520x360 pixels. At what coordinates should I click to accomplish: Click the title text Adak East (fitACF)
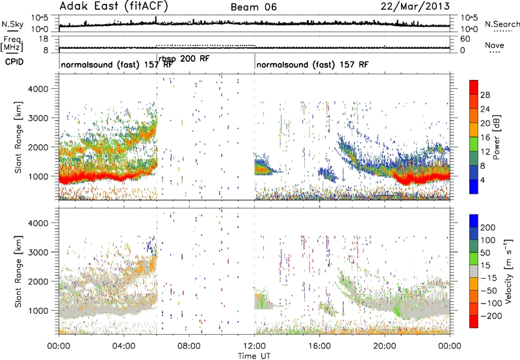tap(114, 6)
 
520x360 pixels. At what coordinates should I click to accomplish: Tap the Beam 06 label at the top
tap(253, 7)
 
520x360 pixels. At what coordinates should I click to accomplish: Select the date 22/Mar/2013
tap(415, 6)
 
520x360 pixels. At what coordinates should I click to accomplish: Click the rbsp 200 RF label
tap(184, 58)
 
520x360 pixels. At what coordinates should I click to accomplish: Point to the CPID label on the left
tap(14, 62)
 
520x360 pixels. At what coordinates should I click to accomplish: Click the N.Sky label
tap(12, 24)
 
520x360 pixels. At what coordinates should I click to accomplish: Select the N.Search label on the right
tap(502, 24)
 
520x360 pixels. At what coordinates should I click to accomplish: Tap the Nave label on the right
tap(495, 45)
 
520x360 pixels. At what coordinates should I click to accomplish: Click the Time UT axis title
tap(254, 356)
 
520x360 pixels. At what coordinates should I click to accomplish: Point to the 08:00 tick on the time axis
tap(189, 346)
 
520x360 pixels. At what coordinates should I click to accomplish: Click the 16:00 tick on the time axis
tap(319, 346)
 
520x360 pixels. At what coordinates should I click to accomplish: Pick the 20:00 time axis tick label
tap(385, 346)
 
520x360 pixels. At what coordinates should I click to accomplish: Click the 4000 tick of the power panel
tap(38, 89)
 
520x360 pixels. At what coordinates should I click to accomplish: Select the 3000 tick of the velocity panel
tap(38, 252)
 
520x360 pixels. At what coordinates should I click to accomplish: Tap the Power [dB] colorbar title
tap(497, 137)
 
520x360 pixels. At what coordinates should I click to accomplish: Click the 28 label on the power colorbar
tap(485, 95)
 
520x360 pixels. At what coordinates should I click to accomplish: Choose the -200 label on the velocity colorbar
tap(489, 316)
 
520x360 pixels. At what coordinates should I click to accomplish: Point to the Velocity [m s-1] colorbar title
tap(508, 271)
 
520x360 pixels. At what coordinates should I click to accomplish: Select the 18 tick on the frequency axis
tap(43, 39)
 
